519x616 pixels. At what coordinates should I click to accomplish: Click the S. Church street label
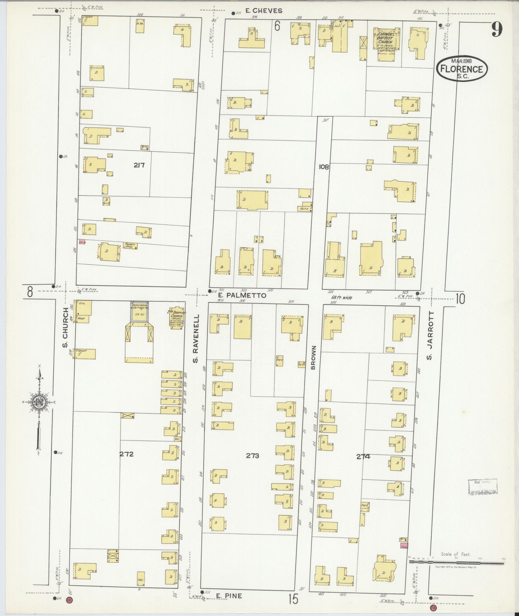tap(65, 328)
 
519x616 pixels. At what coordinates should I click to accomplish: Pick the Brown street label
tap(314, 357)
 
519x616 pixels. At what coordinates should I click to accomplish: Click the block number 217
tap(139, 165)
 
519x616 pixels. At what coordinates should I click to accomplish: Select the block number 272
tap(126, 455)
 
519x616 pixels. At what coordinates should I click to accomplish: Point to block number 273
tap(252, 455)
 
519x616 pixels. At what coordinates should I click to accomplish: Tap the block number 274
tap(363, 456)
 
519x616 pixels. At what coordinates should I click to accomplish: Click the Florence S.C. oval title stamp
tap(462, 68)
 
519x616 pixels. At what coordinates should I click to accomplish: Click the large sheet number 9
tap(496, 31)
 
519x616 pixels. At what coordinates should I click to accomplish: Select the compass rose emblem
tap(38, 402)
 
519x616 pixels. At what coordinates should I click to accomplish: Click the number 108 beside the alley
tap(324, 167)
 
